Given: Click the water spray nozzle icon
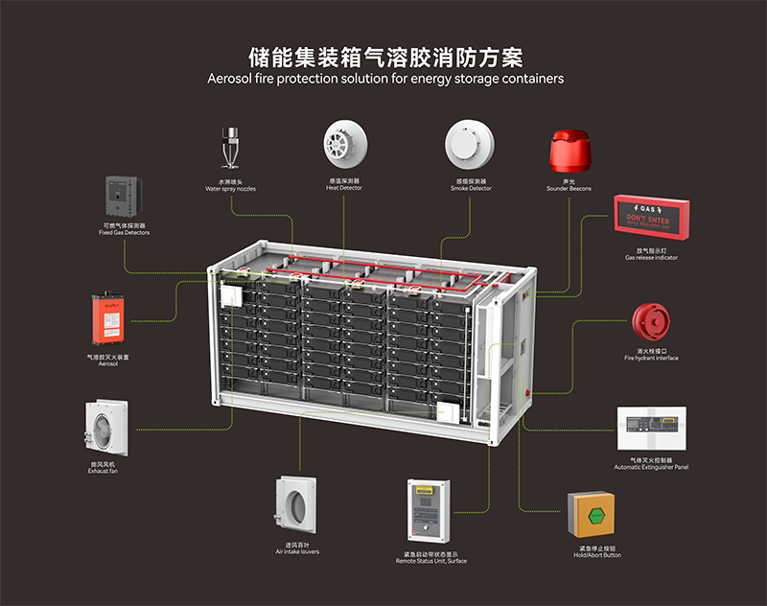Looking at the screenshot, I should click(x=230, y=146).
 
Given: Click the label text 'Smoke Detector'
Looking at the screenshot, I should click(x=471, y=189).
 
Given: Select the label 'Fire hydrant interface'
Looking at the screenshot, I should click(x=651, y=359).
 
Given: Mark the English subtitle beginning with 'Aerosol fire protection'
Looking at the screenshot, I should click(x=385, y=79).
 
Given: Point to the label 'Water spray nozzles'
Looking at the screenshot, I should click(x=230, y=189).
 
